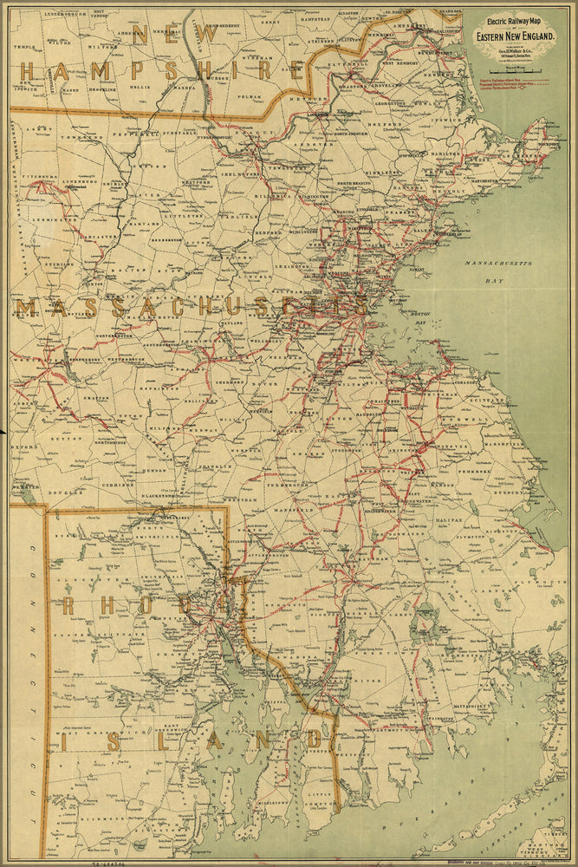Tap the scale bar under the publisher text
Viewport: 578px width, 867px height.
[515, 68]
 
